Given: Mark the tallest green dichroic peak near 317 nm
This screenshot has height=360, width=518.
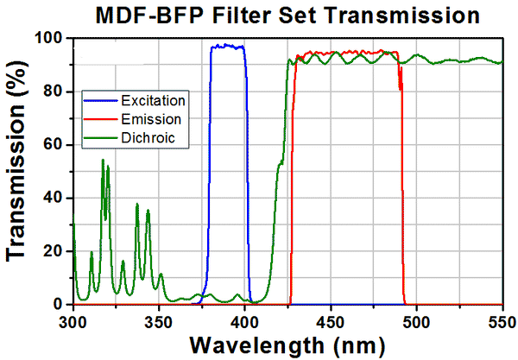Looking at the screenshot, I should pos(103,161).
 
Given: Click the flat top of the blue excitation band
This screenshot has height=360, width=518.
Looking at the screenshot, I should pos(227,46).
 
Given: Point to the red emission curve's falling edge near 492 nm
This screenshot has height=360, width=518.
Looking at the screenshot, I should pos(403,190).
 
